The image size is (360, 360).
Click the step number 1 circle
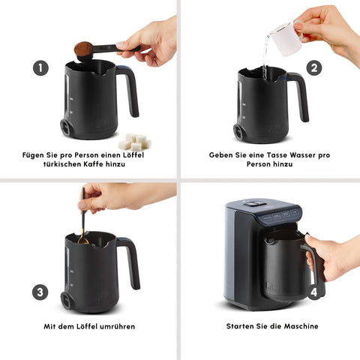40,67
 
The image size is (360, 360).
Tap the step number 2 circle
314,67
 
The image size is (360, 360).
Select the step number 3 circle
40,292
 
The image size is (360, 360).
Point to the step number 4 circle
314,292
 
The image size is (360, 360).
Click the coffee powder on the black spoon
83,49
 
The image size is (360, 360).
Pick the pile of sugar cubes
135,142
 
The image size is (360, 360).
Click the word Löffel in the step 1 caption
133,155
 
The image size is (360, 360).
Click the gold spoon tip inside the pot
83,241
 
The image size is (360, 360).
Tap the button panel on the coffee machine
280,215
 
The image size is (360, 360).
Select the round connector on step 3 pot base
66,300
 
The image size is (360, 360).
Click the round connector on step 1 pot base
65,127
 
